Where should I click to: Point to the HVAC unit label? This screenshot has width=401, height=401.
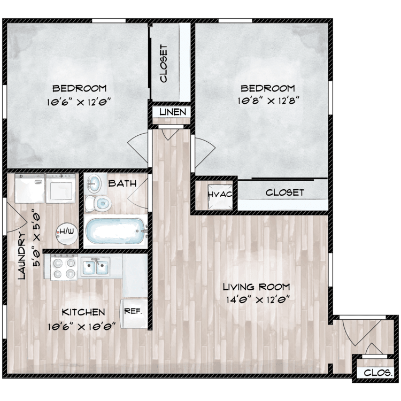point(220,195)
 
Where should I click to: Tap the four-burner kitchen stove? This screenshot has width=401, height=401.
point(64,267)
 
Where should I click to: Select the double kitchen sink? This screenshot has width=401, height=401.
point(95,267)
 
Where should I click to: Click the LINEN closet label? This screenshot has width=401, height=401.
point(173,112)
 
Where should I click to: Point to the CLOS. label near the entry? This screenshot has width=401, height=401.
point(378,373)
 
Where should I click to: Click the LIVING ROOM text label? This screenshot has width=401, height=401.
point(257,287)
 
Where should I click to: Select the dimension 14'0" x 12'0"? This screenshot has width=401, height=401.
point(258,299)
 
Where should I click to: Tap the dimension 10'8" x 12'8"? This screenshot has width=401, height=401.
point(268,101)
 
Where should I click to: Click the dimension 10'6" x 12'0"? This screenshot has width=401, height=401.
point(79,102)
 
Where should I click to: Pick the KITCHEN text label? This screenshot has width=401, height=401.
point(83,312)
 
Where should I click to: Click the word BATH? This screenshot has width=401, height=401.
point(122,183)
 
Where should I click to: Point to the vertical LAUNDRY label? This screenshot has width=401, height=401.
point(22,256)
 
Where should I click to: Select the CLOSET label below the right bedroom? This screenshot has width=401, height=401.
point(285,192)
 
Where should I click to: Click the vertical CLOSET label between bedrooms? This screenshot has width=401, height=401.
point(164,64)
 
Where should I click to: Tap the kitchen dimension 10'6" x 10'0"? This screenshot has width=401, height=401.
point(82,326)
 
